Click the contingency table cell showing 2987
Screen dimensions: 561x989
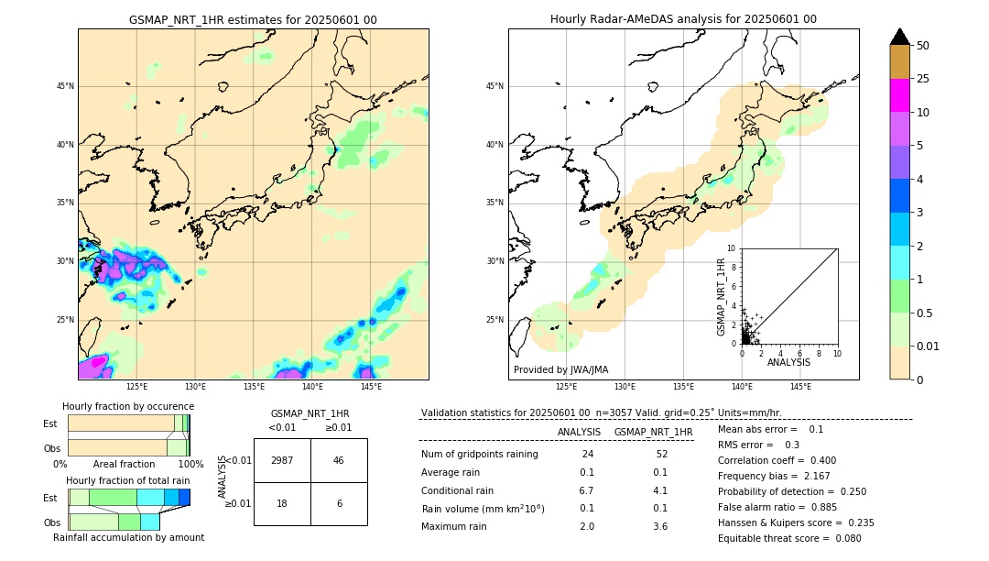282,460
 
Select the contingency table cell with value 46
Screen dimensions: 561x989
339,460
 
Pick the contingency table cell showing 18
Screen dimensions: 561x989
282,503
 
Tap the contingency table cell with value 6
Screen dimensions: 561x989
339,503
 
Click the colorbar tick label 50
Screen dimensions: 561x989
923,45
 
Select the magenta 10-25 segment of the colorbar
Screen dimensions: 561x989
899,95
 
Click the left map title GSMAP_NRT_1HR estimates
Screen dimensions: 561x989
253,19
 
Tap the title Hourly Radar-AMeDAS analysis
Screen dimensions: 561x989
683,19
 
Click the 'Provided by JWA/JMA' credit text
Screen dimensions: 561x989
560,369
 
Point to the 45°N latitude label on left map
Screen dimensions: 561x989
64,86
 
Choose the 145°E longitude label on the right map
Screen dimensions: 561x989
800,387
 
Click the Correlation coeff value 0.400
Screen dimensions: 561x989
816,460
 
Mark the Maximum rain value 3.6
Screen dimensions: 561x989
659,526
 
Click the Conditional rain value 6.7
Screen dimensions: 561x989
587,490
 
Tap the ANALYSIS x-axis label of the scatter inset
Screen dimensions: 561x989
789,363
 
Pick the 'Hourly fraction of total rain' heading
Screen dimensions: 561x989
127,480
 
